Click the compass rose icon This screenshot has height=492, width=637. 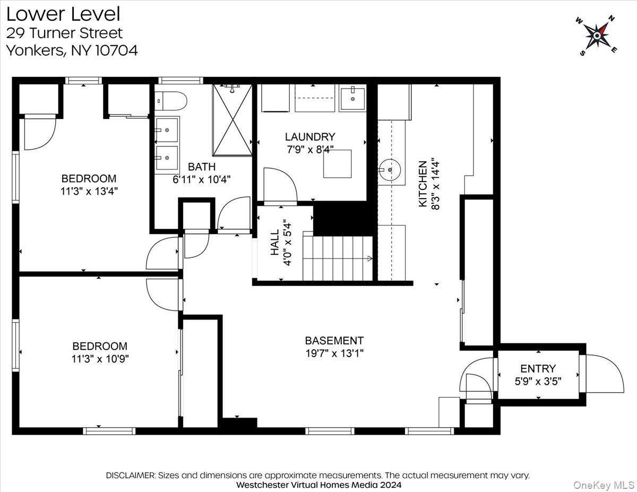coord(597,36)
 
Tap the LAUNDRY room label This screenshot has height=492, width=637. coord(310,137)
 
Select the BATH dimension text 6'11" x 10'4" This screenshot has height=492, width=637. coord(202,179)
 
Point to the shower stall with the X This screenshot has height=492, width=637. coord(233,120)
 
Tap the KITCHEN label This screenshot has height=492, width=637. coord(423,184)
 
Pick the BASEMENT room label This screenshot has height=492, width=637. coord(334,341)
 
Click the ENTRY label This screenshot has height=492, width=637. coord(538,368)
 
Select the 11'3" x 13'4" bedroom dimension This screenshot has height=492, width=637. coord(89,191)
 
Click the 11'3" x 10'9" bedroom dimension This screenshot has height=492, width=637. coord(100,358)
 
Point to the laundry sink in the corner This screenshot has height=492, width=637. coord(352,98)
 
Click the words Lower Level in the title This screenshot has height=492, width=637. coord(63,14)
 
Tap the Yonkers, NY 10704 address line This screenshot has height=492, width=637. coord(72,50)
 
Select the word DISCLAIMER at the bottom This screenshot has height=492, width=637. coord(131,475)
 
